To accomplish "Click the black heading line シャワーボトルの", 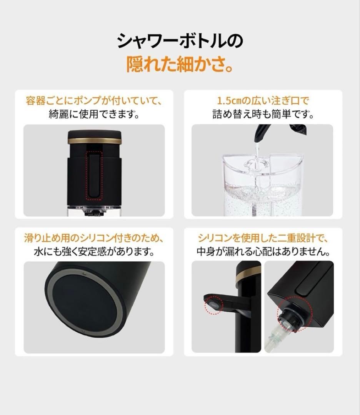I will (x=180, y=41).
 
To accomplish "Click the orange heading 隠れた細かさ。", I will (x=180, y=65).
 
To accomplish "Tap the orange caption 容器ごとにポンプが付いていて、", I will (x=94, y=101).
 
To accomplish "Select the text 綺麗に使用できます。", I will (x=94, y=115).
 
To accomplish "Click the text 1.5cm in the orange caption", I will (x=229, y=101).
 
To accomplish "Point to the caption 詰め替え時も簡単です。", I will (x=263, y=115).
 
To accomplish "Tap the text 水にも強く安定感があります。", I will (x=94, y=252).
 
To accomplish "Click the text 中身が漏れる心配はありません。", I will (x=263, y=252).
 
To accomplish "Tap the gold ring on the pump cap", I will (x=95, y=141).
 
